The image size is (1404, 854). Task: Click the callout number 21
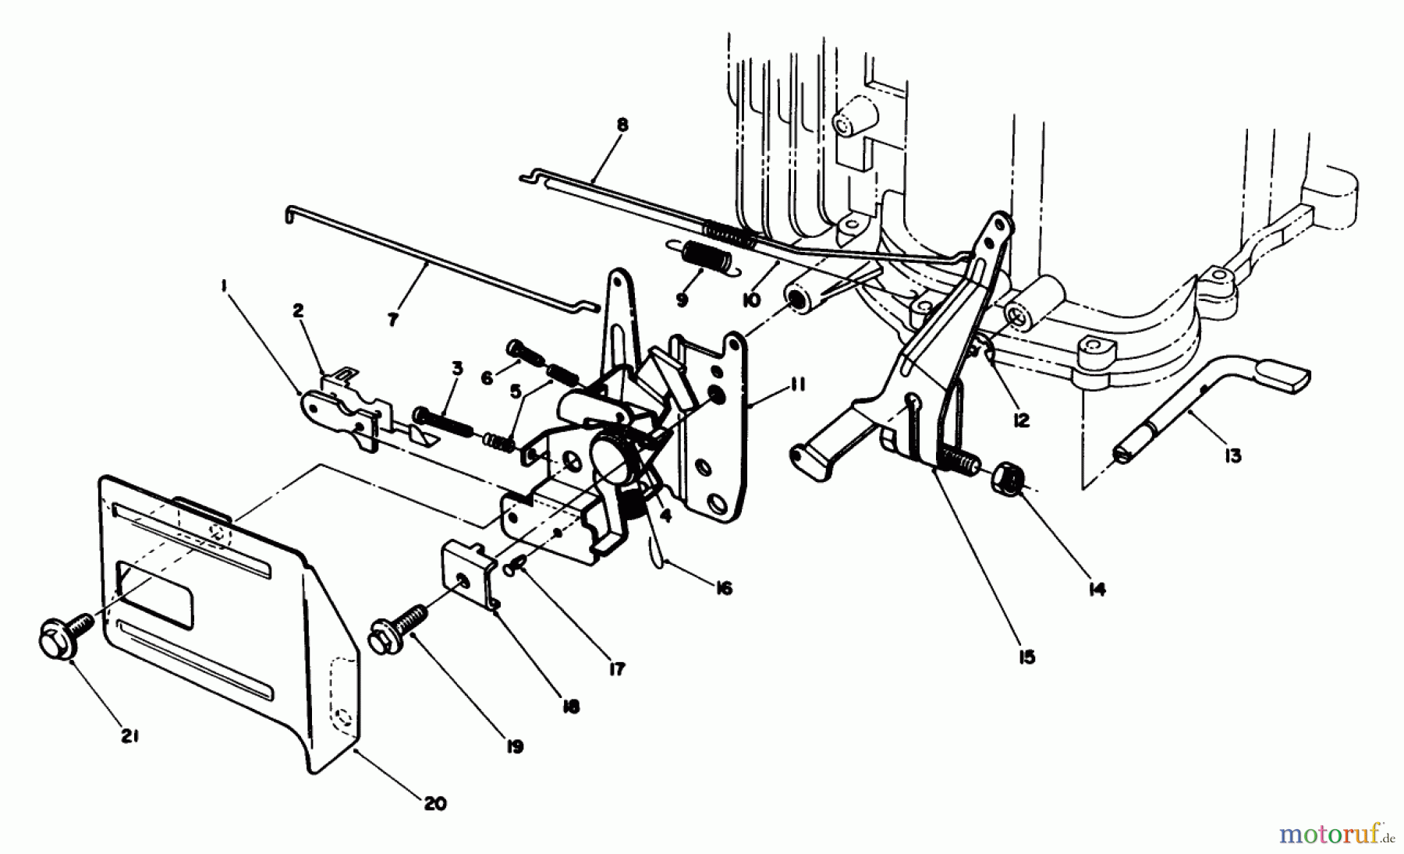click(129, 735)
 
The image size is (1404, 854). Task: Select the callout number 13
click(1232, 455)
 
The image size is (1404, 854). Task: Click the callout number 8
click(622, 125)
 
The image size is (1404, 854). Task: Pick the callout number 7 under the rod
click(392, 319)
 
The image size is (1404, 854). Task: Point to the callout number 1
click(224, 287)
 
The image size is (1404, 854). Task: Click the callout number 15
click(1026, 657)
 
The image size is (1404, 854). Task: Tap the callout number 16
click(723, 588)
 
